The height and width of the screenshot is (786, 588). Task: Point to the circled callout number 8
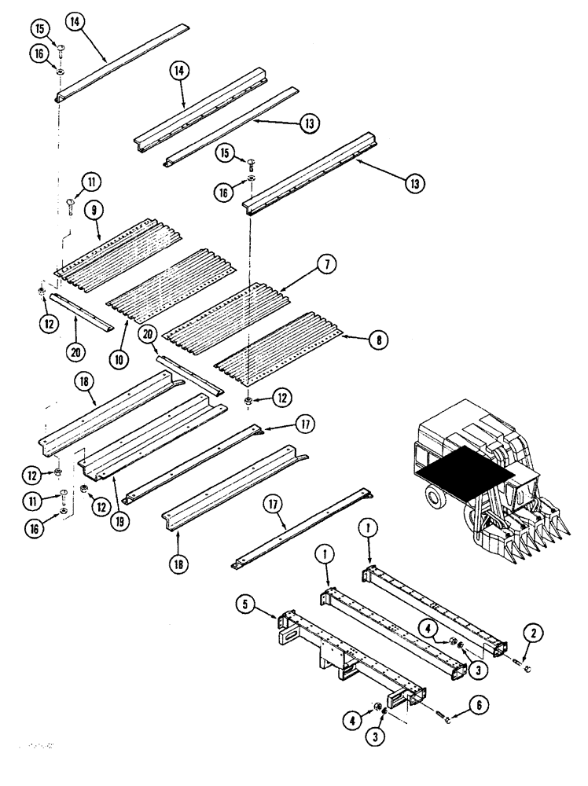click(379, 340)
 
